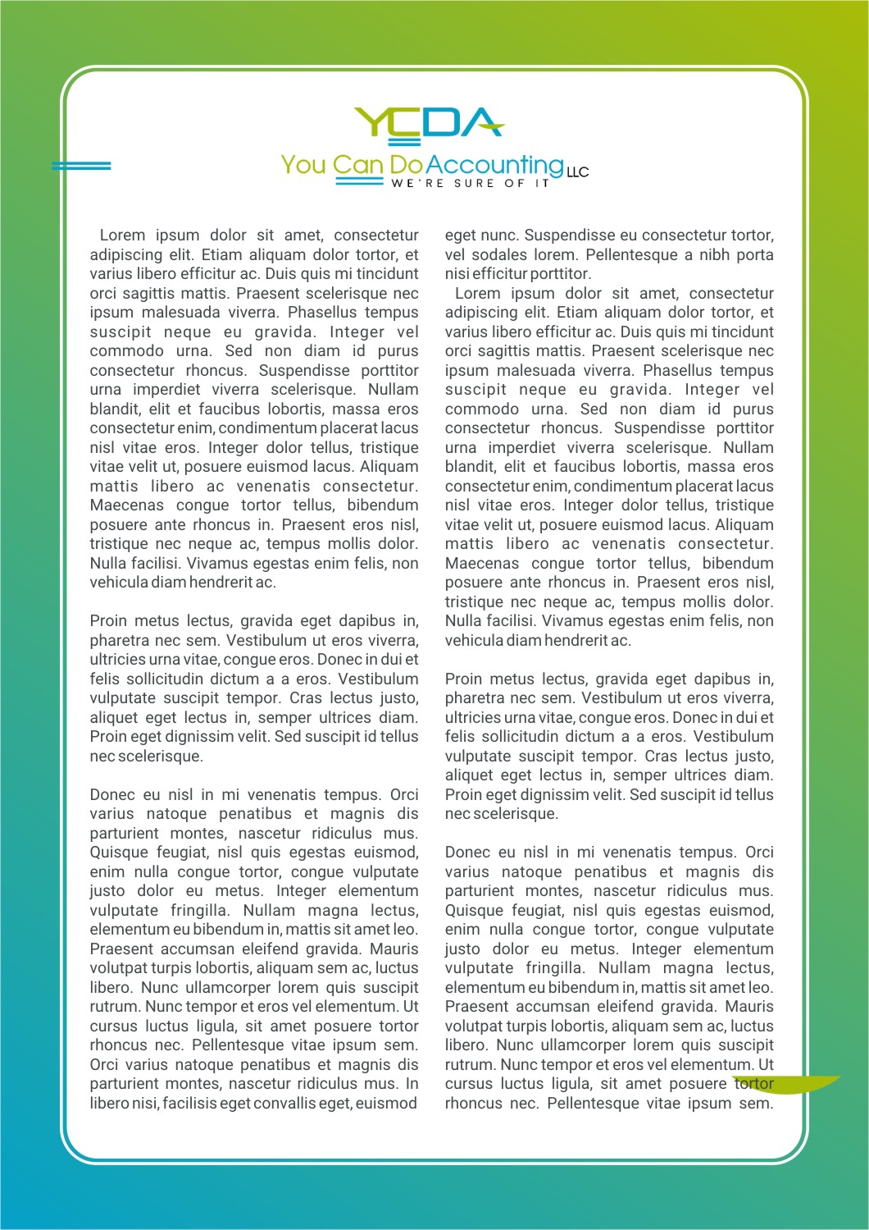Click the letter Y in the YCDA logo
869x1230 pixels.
(370, 121)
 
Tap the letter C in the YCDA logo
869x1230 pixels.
(407, 121)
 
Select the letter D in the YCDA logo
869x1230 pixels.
(443, 121)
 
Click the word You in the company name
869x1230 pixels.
(303, 165)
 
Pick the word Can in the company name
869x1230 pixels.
(358, 165)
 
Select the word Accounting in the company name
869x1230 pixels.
(494, 165)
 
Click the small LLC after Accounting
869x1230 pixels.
(577, 172)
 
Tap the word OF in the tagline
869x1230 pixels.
(514, 184)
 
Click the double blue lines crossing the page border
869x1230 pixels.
(81, 166)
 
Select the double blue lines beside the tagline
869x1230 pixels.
(359, 183)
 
